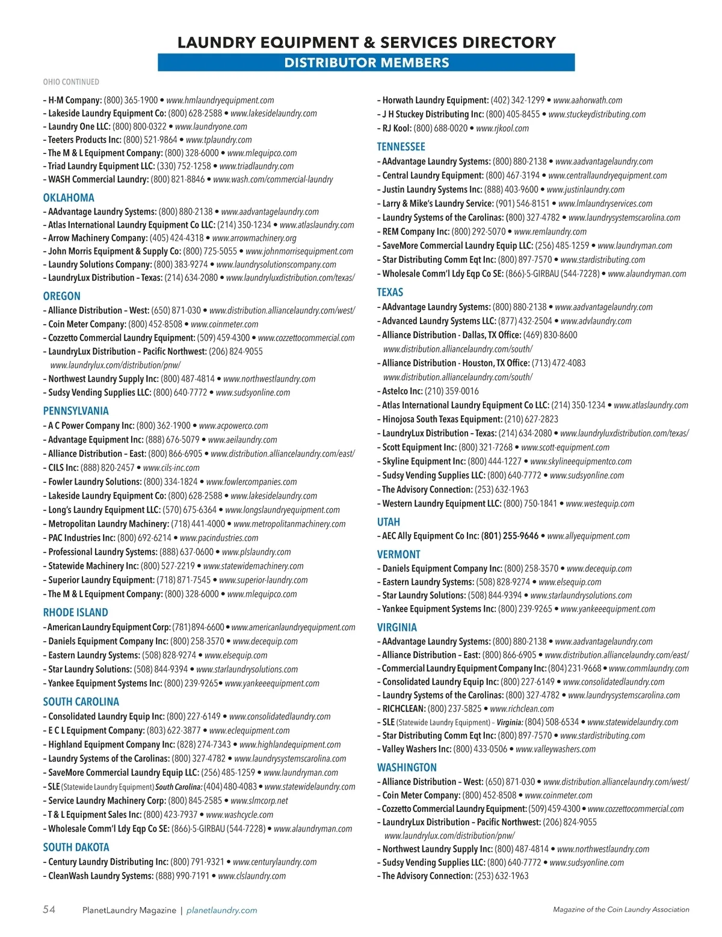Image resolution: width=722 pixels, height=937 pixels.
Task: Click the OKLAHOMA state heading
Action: [x=69, y=197]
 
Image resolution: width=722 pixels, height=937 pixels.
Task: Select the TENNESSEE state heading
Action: [x=401, y=147]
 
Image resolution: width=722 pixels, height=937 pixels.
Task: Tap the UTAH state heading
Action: [x=388, y=522]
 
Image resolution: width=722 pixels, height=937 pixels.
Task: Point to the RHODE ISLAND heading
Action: [x=75, y=612]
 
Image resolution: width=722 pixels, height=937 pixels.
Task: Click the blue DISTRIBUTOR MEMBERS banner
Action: [x=366, y=63]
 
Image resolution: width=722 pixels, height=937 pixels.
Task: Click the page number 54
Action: [x=49, y=909]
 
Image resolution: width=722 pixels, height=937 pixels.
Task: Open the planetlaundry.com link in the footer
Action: [x=222, y=910]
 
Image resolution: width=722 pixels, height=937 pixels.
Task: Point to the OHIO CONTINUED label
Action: [x=71, y=82]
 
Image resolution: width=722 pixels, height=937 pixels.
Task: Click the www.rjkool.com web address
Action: [x=502, y=128]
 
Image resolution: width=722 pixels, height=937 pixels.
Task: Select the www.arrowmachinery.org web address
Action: [x=254, y=238]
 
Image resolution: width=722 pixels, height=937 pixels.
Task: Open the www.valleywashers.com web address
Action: [x=555, y=749]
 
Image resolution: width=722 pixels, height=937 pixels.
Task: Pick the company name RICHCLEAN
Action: [x=404, y=708]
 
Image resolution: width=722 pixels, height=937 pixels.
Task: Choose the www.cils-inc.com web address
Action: [x=171, y=467]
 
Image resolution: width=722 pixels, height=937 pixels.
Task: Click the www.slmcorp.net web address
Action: [x=259, y=800]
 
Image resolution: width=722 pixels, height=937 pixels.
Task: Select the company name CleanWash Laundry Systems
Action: [x=100, y=876]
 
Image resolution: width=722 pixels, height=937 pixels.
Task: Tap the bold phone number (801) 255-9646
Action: [x=510, y=536]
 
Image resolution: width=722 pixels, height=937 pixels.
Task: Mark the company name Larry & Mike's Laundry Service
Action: [x=437, y=203]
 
